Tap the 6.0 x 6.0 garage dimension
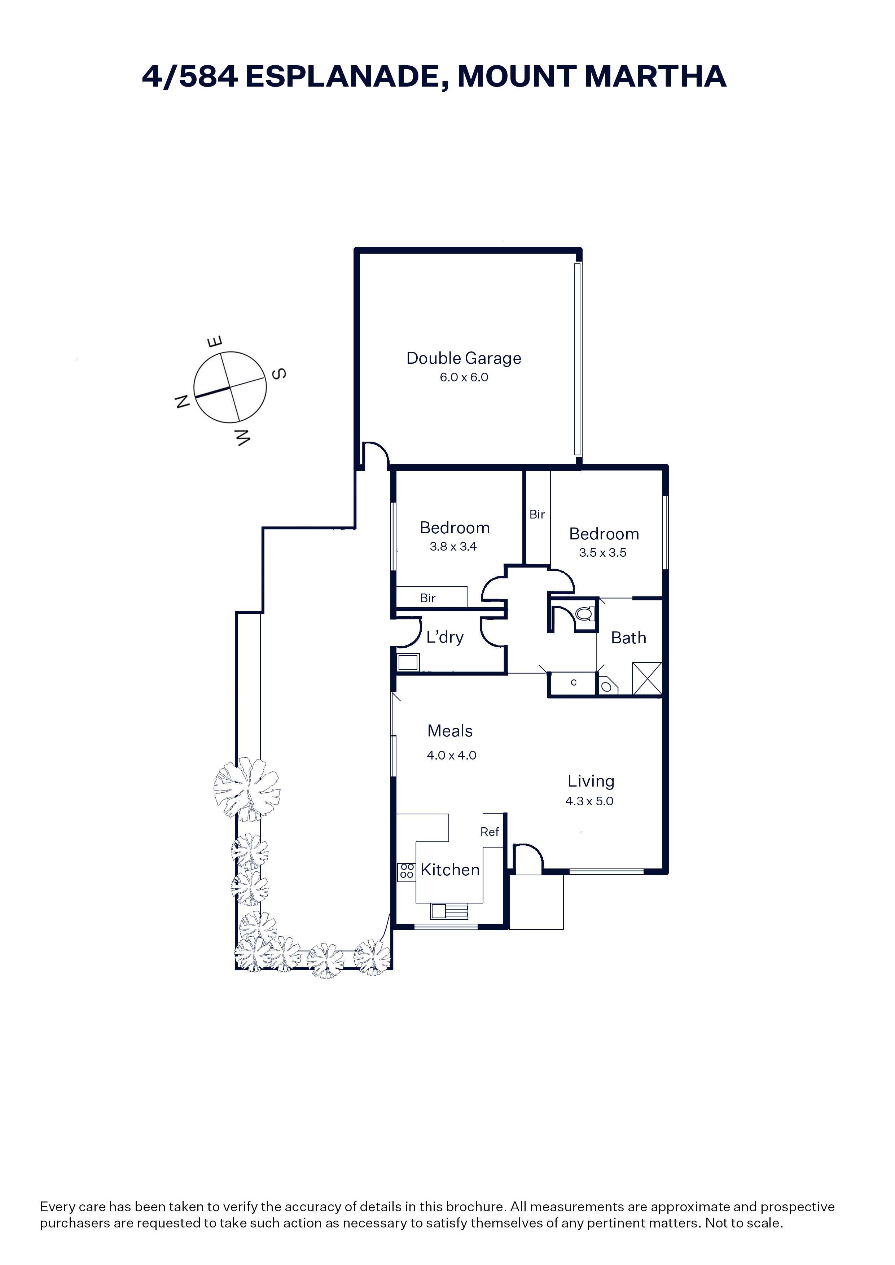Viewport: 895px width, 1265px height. [x=464, y=377]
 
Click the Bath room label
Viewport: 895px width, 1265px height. [x=628, y=638]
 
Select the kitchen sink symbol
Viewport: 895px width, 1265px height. [x=449, y=912]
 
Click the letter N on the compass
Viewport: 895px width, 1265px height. [x=183, y=401]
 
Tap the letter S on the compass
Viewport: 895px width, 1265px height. [x=280, y=374]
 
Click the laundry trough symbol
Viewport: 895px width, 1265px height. [x=408, y=662]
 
